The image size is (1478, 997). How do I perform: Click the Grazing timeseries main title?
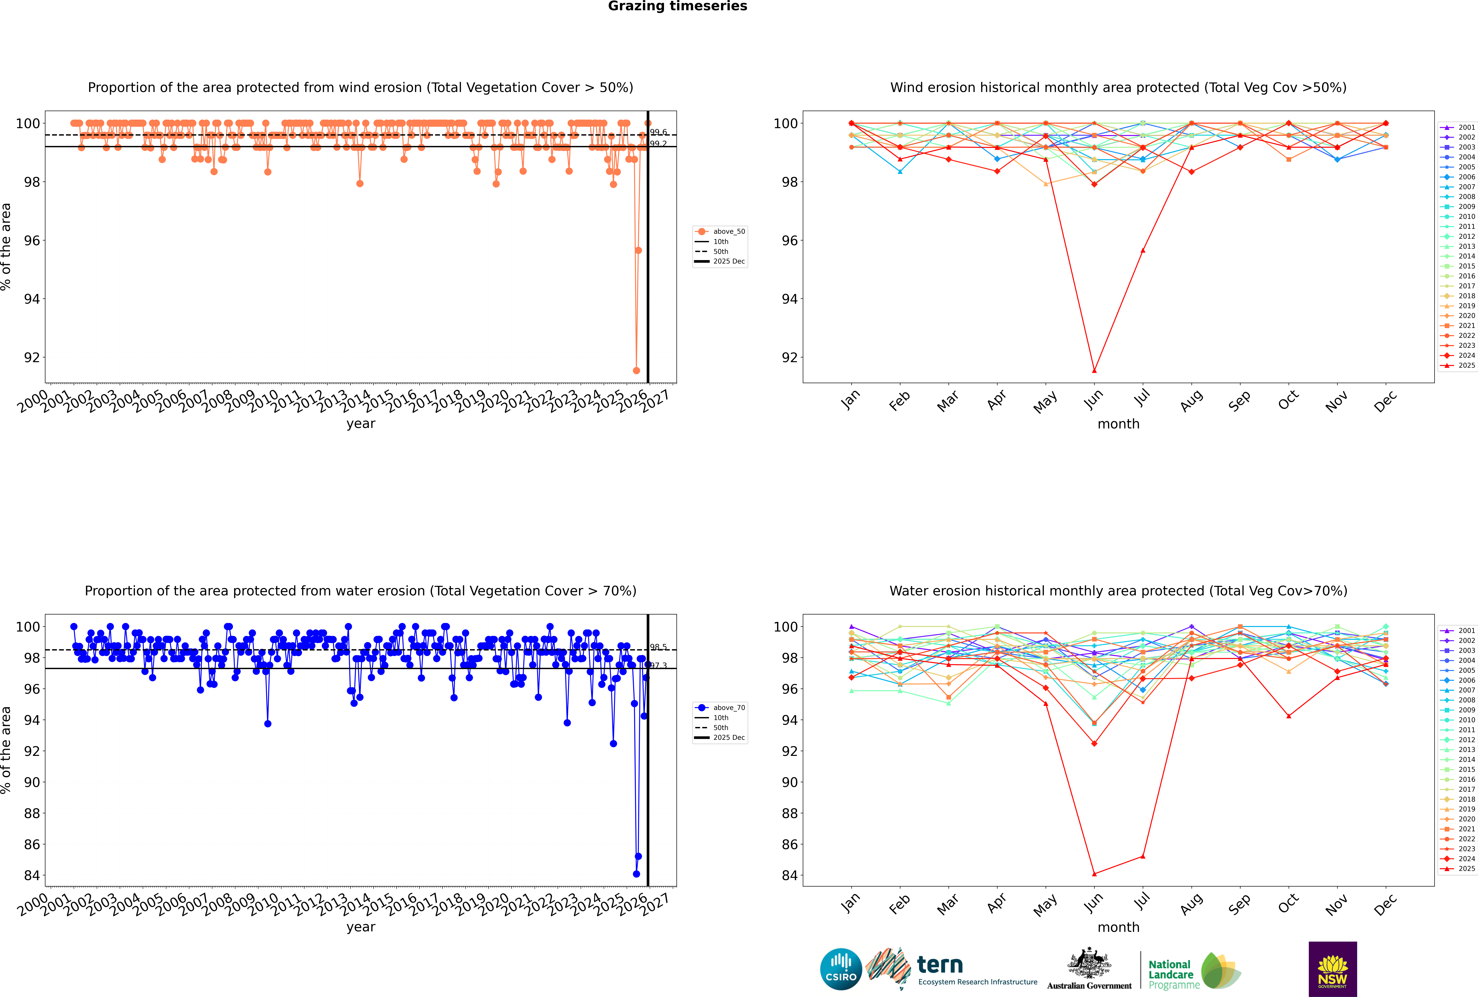pyautogui.click(x=677, y=6)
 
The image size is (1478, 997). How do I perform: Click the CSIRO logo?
pyautogui.click(x=841, y=970)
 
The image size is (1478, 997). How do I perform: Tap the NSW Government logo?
pyautogui.click(x=1332, y=968)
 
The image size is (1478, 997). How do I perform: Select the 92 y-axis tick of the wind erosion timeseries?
pyautogui.click(x=32, y=357)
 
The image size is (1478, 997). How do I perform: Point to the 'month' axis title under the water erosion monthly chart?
pyautogui.click(x=1118, y=927)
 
